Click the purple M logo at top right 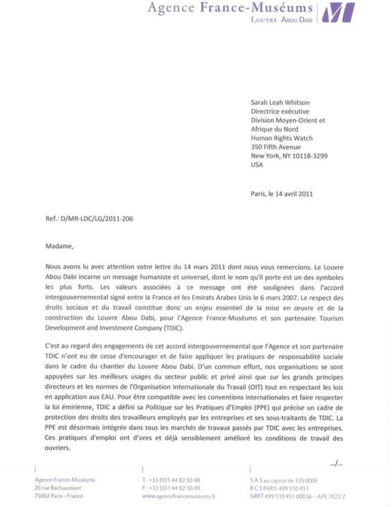point(338,12)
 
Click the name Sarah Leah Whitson point(280,102)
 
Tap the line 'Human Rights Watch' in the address point(282,138)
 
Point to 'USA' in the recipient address point(257,165)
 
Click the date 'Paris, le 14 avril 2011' point(282,193)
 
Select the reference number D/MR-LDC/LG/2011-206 point(89,219)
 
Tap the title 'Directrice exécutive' point(280,111)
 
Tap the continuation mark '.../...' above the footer point(336,465)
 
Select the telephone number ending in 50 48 point(171,480)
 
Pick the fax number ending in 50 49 point(171,488)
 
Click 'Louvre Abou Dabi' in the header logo point(282,19)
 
